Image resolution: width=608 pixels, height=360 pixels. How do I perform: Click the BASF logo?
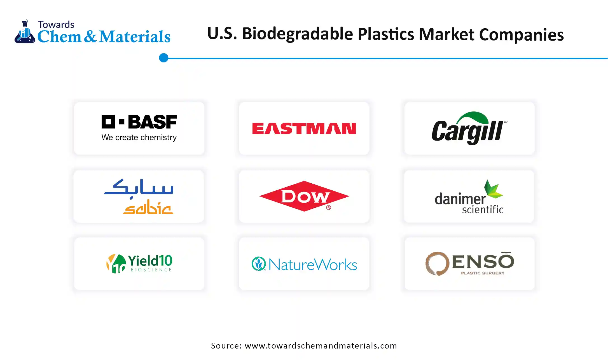pos(139,122)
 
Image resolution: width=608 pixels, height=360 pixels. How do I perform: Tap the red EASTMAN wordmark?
pos(304,128)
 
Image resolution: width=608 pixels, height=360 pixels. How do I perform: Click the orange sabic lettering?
pos(148,207)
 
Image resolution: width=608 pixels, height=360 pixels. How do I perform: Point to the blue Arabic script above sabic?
pos(139,188)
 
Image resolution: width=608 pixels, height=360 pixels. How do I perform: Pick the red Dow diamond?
pos(304,196)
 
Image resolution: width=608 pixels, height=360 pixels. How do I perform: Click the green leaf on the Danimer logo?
pos(493,189)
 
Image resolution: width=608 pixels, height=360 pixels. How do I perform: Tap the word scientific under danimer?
pos(482,210)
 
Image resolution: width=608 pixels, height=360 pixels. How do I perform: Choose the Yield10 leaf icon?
pos(116,263)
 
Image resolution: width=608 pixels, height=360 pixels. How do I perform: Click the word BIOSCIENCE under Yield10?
pos(151,270)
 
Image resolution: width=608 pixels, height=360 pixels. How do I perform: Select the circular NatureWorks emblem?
pos(258,264)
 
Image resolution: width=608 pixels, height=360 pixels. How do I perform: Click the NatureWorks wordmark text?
pos(313,265)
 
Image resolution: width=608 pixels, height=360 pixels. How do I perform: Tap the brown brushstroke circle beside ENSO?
pos(437,263)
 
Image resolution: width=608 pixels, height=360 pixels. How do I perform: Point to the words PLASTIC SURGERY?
pos(483,273)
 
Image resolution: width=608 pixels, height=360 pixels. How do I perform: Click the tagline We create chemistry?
pos(139,137)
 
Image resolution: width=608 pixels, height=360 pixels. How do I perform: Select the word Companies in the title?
pos(521,35)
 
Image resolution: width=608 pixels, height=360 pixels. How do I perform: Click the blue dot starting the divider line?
pos(163,58)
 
